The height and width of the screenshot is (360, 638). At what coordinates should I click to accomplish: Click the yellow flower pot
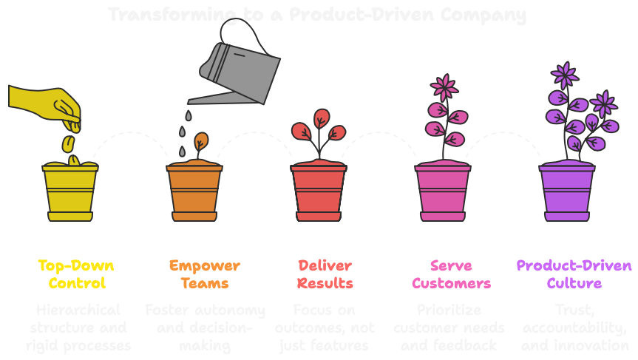(x=70, y=192)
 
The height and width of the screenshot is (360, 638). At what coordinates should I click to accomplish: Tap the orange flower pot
(x=194, y=192)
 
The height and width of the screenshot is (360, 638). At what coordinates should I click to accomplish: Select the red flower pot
(x=319, y=192)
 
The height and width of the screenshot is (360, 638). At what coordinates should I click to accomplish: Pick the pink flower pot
(x=443, y=192)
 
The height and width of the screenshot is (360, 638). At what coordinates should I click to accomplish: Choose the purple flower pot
(x=567, y=192)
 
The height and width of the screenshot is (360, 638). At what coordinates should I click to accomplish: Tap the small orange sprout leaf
(x=201, y=140)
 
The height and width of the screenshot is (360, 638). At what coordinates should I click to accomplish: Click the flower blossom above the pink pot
(x=444, y=88)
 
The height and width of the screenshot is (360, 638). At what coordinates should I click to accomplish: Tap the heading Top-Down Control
(x=76, y=274)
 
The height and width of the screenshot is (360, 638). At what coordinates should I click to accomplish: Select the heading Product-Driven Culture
(x=574, y=274)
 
